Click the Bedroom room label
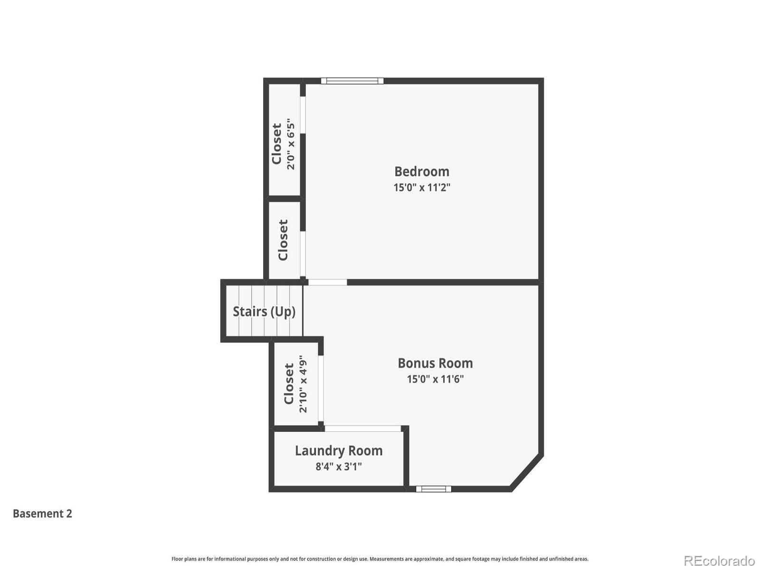click(422, 171)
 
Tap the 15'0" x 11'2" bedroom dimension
click(422, 188)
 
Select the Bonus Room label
click(435, 363)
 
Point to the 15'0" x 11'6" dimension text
click(435, 379)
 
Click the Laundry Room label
click(339, 451)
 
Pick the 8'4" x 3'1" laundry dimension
click(339, 466)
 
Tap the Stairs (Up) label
click(264, 312)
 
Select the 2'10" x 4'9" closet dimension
click(303, 384)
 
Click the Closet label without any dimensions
click(283, 240)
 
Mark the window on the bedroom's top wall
click(352, 81)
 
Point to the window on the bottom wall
click(434, 489)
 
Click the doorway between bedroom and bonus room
click(328, 282)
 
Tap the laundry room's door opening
click(363, 428)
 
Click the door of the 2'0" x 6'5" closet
click(303, 115)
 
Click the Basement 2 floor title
click(42, 513)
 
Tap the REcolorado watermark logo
click(719, 561)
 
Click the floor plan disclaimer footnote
click(380, 559)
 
